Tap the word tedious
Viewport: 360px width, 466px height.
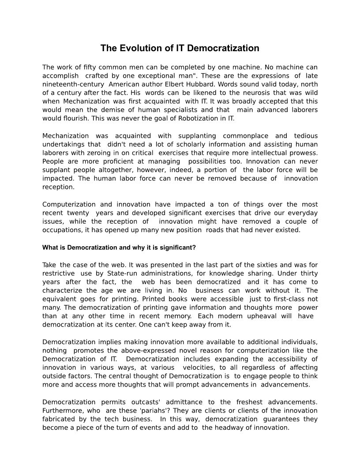tap(305, 135)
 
